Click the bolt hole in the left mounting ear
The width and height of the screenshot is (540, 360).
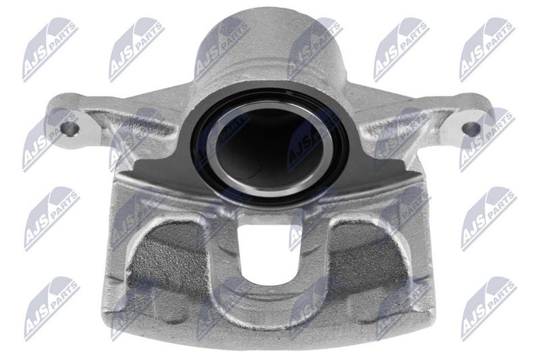[70, 128]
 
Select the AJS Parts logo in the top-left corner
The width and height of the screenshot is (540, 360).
[49, 49]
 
